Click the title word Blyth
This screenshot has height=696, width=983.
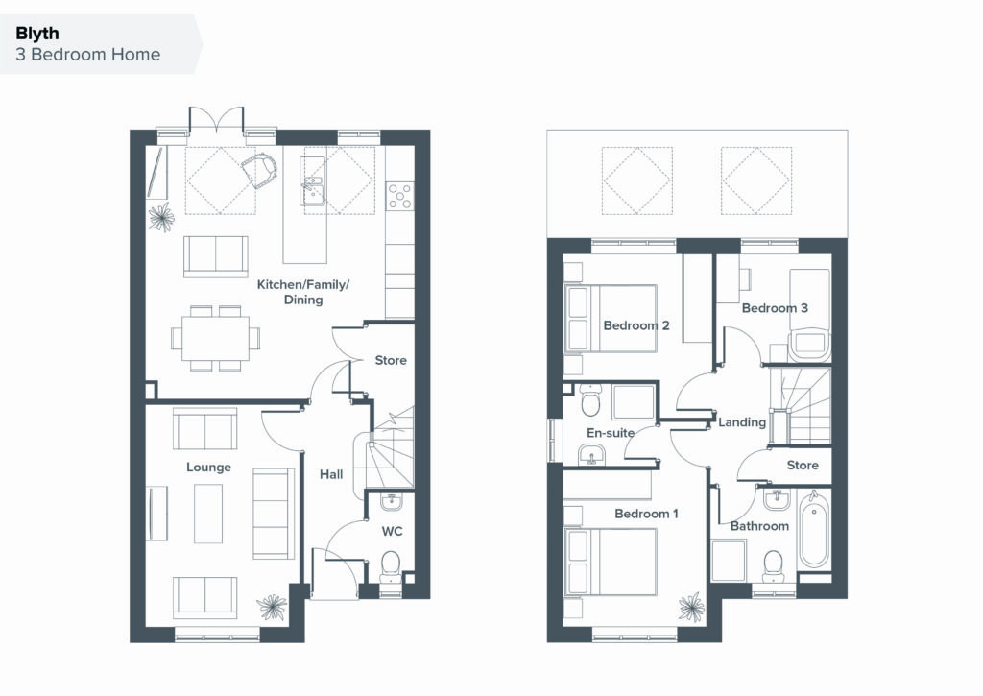click(x=37, y=34)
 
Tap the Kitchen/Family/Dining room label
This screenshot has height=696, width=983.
click(x=302, y=292)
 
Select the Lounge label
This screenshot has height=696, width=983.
click(x=208, y=468)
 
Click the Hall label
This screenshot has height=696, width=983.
click(x=331, y=474)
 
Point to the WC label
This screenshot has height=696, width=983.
click(x=392, y=532)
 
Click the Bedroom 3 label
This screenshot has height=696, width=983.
click(x=775, y=308)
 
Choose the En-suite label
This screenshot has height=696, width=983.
click(x=611, y=433)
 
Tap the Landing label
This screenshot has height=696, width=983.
click(x=742, y=422)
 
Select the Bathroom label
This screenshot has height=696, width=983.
click(x=760, y=526)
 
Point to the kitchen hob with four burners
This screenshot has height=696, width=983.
click(x=400, y=195)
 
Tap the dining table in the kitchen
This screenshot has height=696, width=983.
click(x=215, y=337)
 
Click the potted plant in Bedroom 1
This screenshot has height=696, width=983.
click(x=691, y=607)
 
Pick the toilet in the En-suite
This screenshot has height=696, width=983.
click(x=590, y=400)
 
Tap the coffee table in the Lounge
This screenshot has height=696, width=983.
click(x=208, y=515)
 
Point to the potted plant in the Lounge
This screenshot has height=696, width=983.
click(x=272, y=607)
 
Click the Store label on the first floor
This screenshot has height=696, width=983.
click(x=803, y=466)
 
